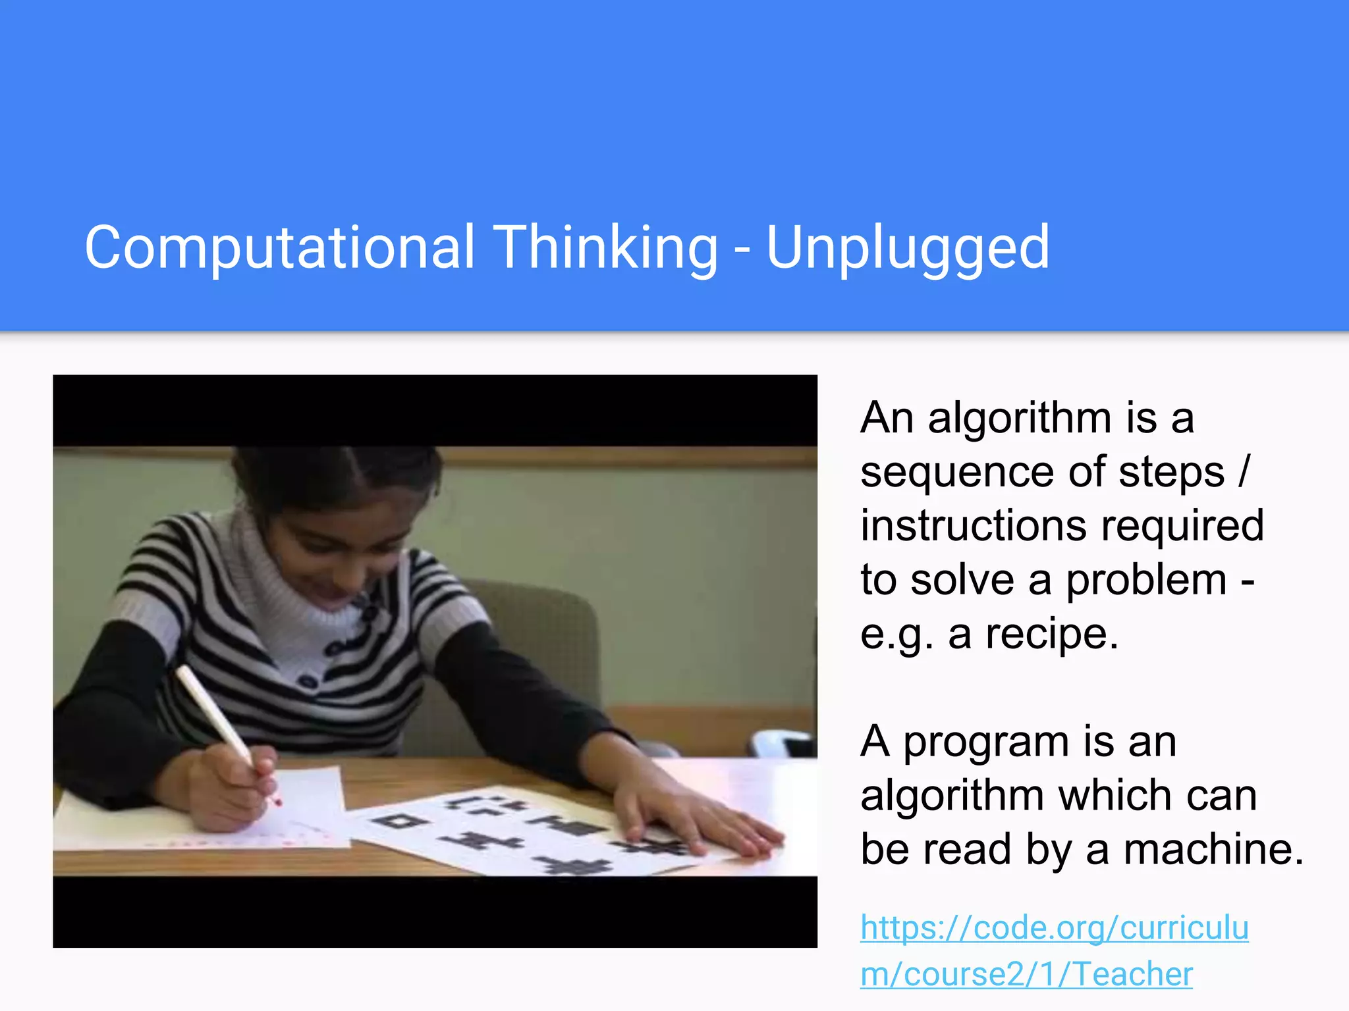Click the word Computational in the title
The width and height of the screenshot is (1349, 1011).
(279, 248)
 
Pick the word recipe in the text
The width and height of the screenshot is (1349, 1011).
(1051, 635)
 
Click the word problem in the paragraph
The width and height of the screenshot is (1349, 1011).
(1146, 581)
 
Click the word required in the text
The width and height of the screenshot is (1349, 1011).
(1182, 527)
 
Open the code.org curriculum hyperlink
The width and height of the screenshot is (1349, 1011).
(1054, 950)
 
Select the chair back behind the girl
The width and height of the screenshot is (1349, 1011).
(547, 632)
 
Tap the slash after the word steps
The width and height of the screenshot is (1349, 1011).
(1242, 473)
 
